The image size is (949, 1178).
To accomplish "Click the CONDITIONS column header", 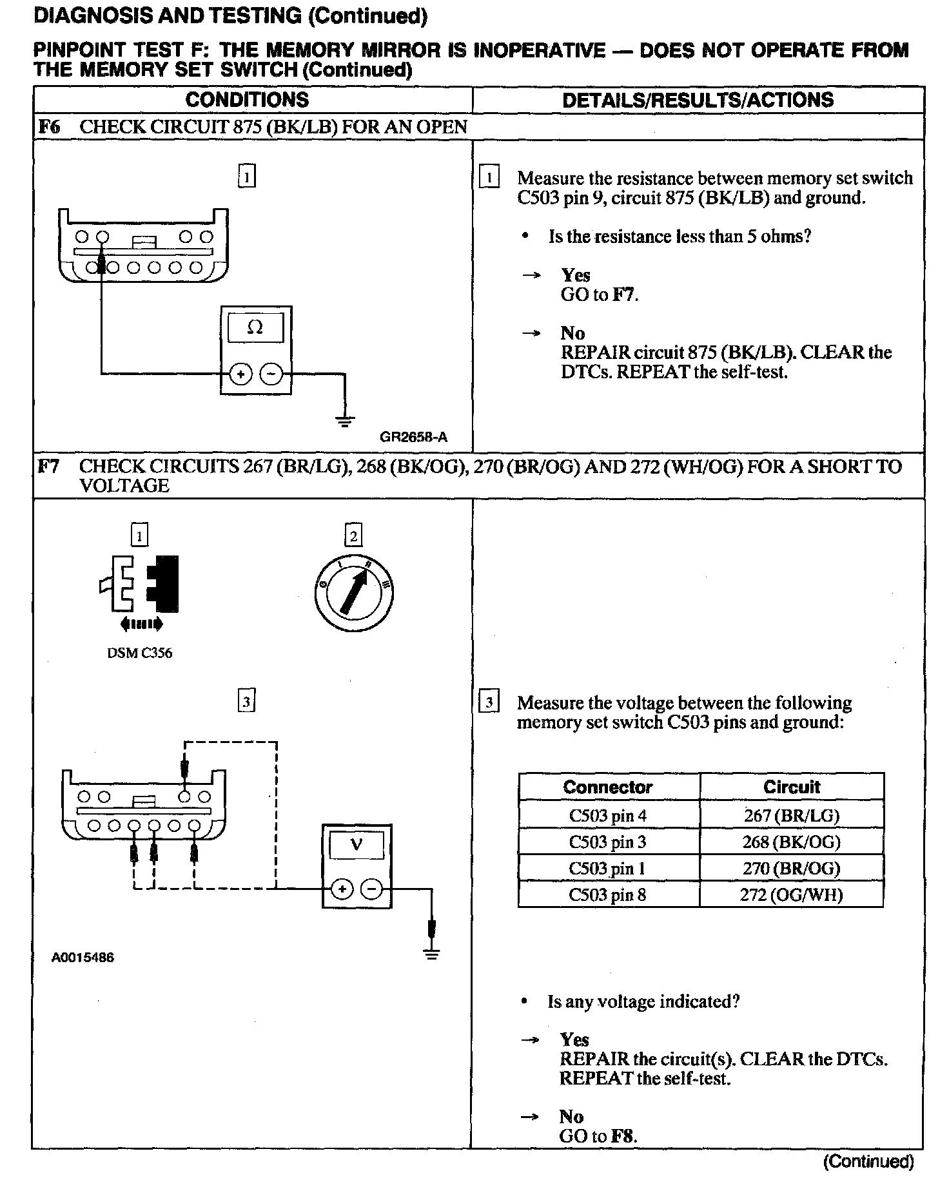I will click(247, 100).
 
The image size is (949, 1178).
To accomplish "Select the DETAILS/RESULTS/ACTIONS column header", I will click(698, 100).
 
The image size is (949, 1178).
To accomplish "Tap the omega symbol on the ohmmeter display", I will click(255, 328).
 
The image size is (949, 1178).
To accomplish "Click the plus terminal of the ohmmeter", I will click(240, 374).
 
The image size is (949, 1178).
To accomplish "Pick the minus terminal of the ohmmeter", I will click(271, 374).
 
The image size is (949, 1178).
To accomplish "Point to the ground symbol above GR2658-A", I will click(345, 422).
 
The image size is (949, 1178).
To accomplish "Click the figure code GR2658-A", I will click(413, 438).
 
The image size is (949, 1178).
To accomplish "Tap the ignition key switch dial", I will click(354, 592).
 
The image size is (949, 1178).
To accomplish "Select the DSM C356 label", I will click(139, 653).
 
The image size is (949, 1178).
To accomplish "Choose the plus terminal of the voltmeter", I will click(341, 889).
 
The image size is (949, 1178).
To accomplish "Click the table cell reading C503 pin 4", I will click(607, 816).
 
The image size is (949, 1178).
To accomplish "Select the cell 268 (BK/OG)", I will click(791, 842).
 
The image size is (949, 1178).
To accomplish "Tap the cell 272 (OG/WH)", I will click(791, 894).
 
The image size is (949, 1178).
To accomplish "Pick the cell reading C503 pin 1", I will click(607, 869).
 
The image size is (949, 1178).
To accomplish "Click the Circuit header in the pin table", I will click(791, 787).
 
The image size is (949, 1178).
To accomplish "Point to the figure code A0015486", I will click(83, 958).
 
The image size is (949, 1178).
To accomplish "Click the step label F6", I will click(49, 127).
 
